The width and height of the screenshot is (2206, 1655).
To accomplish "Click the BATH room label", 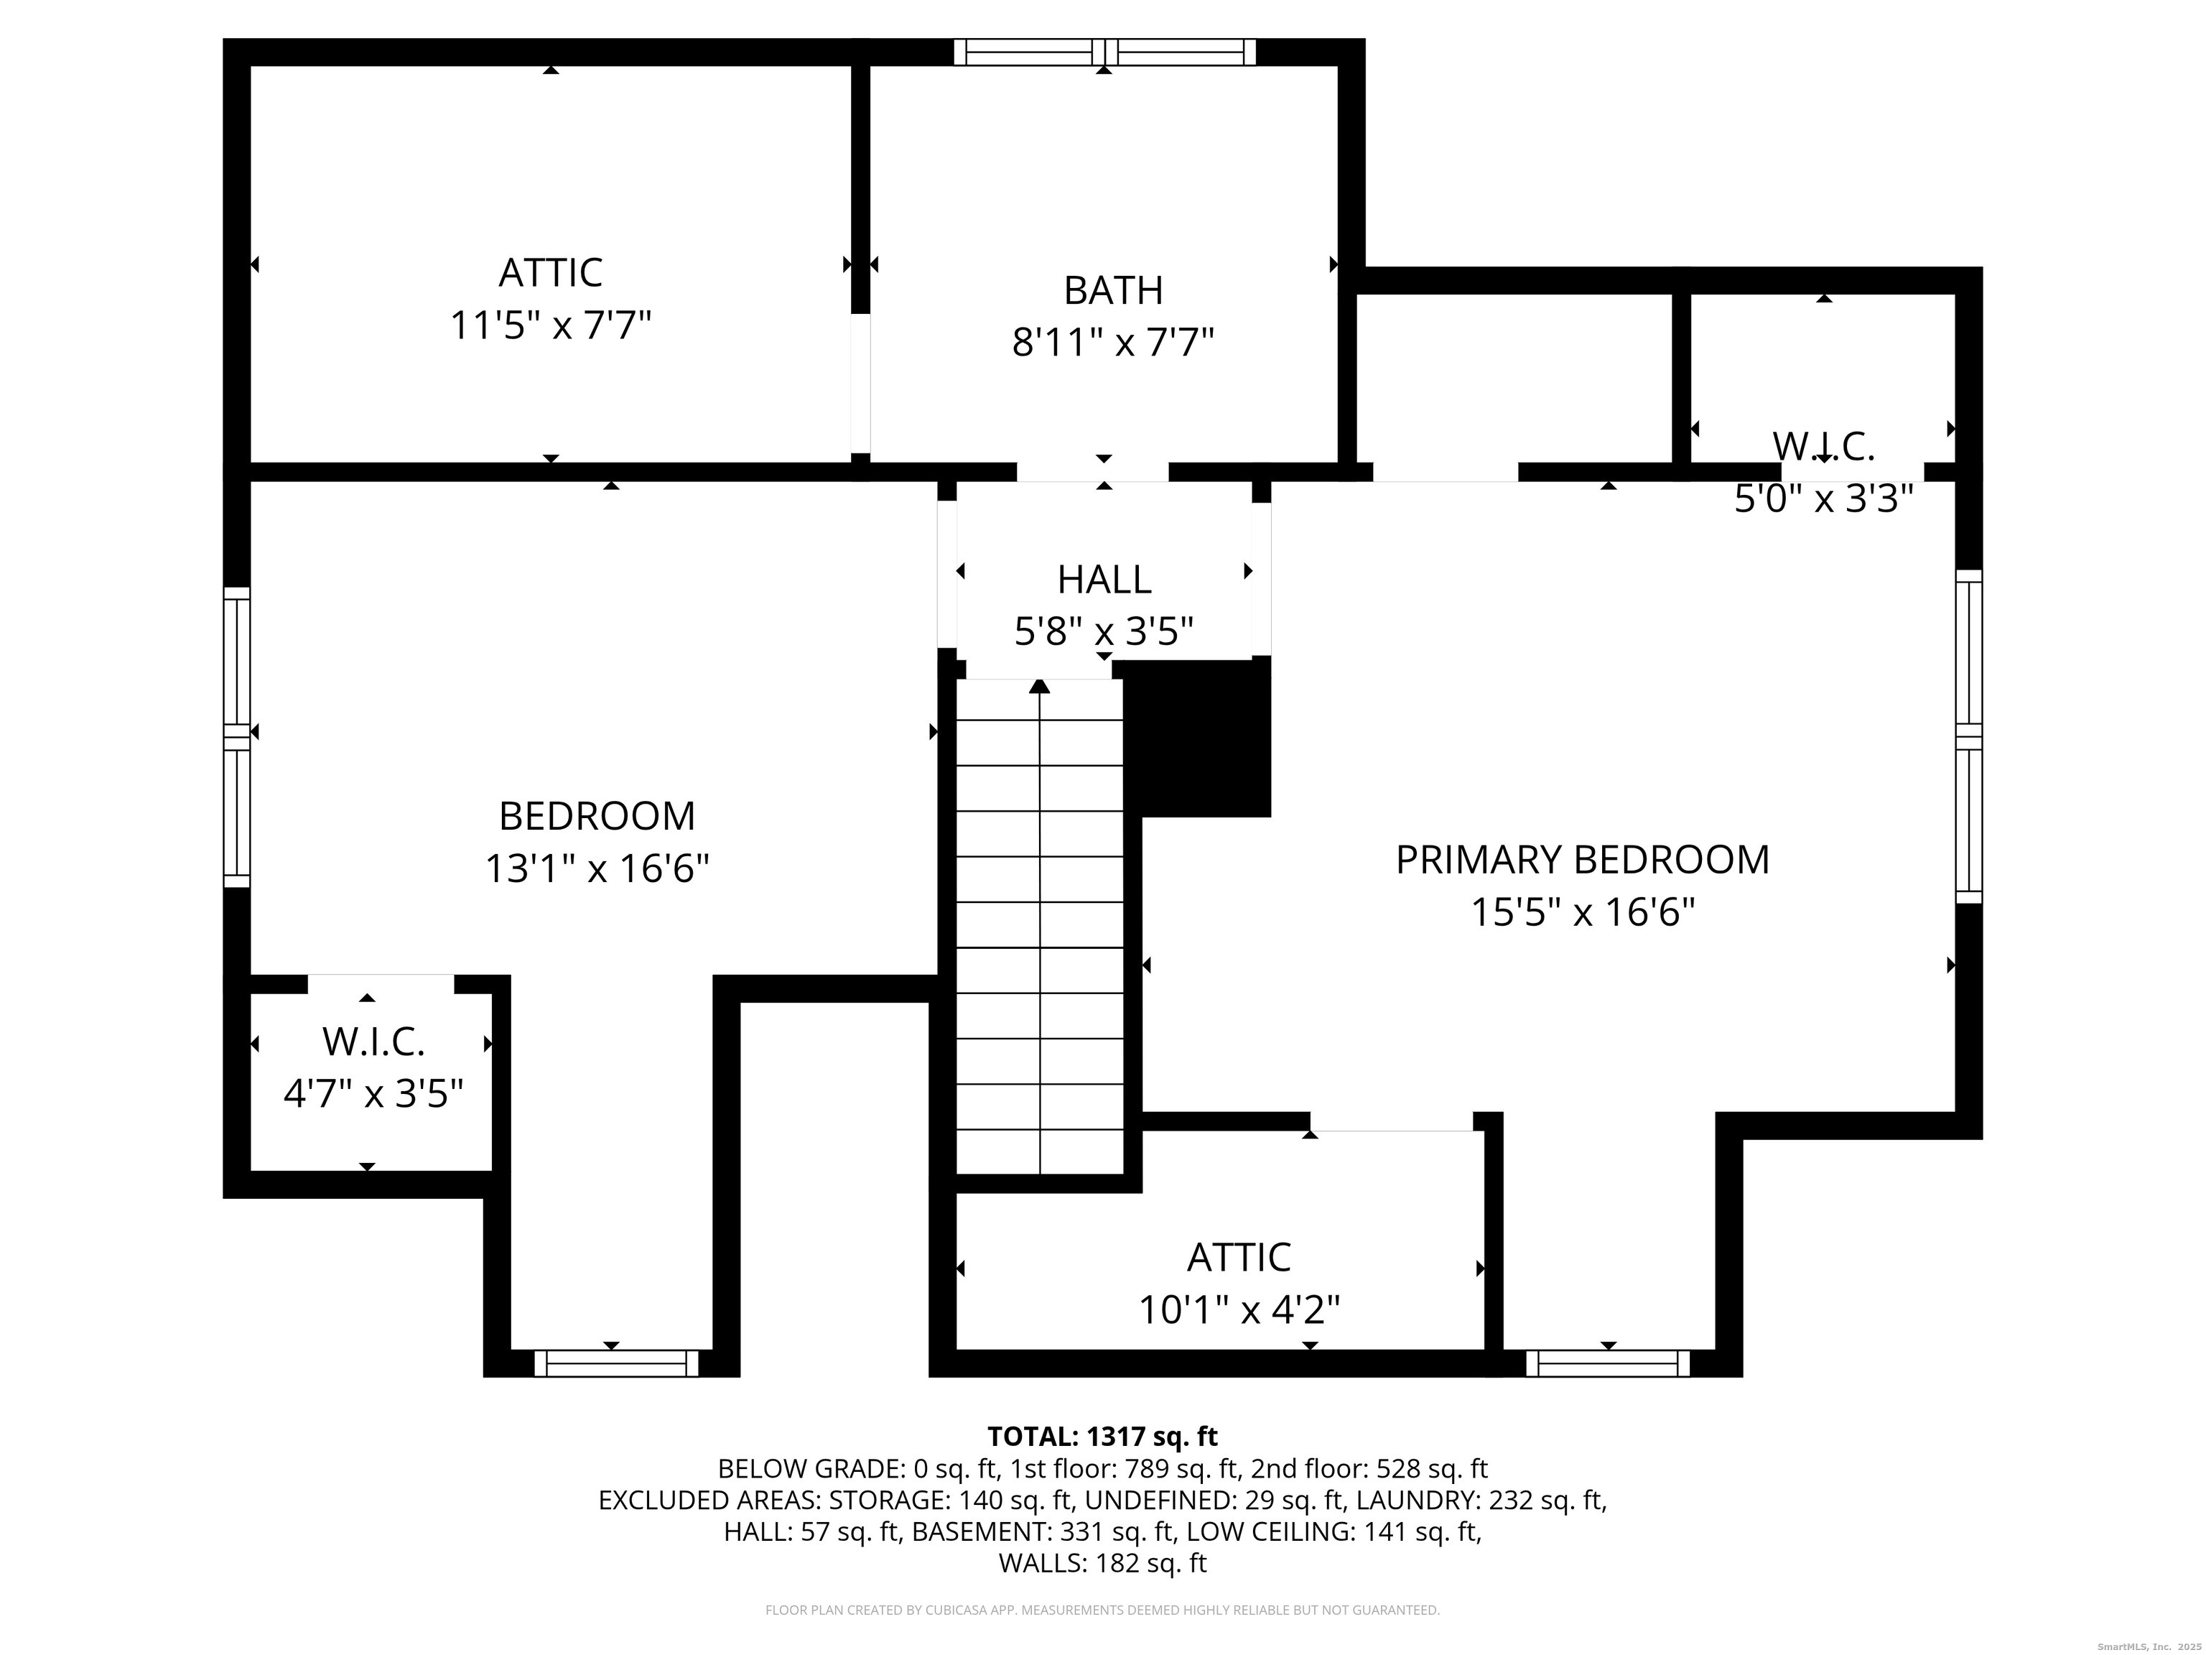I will (1113, 290).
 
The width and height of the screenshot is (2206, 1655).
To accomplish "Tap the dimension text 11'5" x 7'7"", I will (551, 326).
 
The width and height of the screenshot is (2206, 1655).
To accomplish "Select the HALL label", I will (1104, 580).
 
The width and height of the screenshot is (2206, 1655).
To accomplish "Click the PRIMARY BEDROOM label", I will (1582, 860).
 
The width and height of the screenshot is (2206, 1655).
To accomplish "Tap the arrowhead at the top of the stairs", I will (1039, 686).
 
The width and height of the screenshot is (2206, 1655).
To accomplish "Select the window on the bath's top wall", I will (1104, 52).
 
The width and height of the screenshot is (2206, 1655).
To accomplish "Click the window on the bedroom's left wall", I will (236, 736).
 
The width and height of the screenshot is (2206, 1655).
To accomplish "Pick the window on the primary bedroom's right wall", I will (1968, 736).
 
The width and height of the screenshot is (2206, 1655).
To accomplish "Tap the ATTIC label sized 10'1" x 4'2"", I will (1239, 1258).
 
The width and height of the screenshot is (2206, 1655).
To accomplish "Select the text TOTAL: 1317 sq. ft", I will (1102, 1437).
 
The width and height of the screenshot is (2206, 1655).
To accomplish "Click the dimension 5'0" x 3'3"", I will (1823, 499).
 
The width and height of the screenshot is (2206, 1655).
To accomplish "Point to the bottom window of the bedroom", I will (616, 1363).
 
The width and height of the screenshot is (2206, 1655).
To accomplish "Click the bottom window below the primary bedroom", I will (1608, 1363).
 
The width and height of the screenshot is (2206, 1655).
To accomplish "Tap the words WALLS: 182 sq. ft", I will (1102, 1563).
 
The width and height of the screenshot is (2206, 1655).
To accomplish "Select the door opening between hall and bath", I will (1092, 472).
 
